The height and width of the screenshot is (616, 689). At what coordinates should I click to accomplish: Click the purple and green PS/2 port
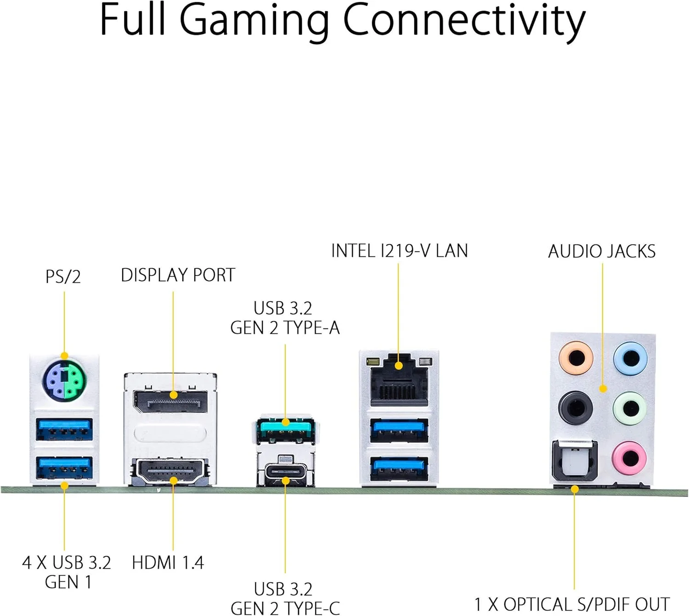click(64, 379)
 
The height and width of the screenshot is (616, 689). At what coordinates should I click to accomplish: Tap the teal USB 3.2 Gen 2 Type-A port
click(285, 430)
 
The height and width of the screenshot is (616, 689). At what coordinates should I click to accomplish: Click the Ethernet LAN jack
click(399, 379)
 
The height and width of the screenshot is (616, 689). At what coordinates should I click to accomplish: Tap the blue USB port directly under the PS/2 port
click(64, 430)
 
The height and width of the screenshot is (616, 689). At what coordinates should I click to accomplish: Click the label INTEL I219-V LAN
click(399, 251)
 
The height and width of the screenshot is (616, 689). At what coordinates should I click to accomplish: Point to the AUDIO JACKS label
click(602, 251)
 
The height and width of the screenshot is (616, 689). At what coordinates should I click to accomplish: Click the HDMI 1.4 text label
click(168, 563)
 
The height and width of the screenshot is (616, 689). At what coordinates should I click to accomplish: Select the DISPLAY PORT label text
click(178, 275)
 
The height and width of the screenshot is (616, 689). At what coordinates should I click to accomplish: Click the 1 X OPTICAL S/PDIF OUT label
click(572, 604)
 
